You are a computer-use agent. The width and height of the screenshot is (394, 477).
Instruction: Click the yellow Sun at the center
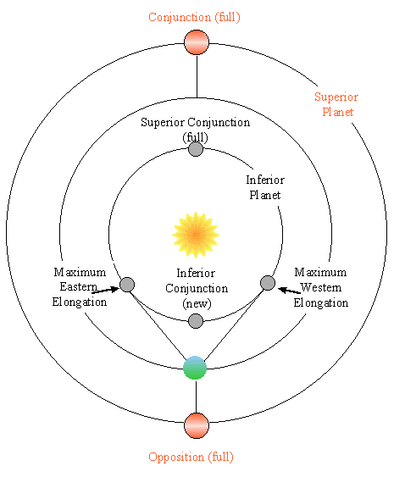196,235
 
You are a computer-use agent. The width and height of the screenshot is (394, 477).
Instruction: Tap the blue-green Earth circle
195,368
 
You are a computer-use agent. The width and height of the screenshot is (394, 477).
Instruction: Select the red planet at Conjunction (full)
197,42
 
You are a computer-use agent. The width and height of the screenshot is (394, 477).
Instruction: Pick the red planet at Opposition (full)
197,425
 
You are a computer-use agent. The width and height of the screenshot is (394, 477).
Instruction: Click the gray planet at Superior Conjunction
196,149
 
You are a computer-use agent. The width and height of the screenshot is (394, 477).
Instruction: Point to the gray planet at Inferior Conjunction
196,321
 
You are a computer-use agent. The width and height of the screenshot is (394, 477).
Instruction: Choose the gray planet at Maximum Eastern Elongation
127,285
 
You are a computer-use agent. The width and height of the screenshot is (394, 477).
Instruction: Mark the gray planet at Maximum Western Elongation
268,283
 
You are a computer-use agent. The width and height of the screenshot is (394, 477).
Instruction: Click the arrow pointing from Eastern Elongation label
105,291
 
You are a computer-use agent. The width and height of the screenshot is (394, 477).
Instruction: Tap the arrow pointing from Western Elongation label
290,291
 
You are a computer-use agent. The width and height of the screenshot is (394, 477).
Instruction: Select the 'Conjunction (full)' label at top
194,17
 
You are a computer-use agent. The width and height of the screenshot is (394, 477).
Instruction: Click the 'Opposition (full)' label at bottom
191,458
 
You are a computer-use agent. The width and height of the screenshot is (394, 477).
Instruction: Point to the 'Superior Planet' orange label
336,104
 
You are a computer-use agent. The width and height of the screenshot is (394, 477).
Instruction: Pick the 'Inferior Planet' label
265,187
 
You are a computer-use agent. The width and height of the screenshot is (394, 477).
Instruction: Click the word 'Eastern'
79,286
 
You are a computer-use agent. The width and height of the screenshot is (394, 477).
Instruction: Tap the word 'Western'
320,287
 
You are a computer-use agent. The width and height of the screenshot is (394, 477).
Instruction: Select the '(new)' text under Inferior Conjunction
197,303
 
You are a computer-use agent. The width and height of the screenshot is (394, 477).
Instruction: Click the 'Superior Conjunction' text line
196,122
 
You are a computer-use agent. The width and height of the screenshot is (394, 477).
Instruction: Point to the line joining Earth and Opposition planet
196,397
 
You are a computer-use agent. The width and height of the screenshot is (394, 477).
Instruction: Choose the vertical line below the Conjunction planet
197,76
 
